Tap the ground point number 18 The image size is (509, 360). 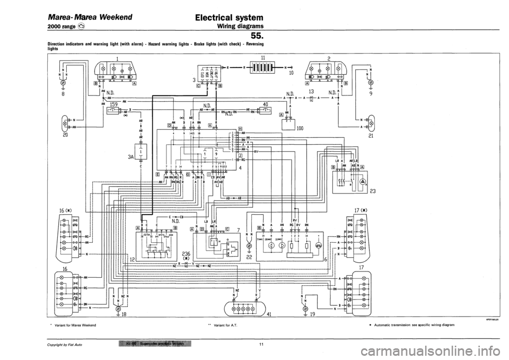[x=124, y=314]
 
